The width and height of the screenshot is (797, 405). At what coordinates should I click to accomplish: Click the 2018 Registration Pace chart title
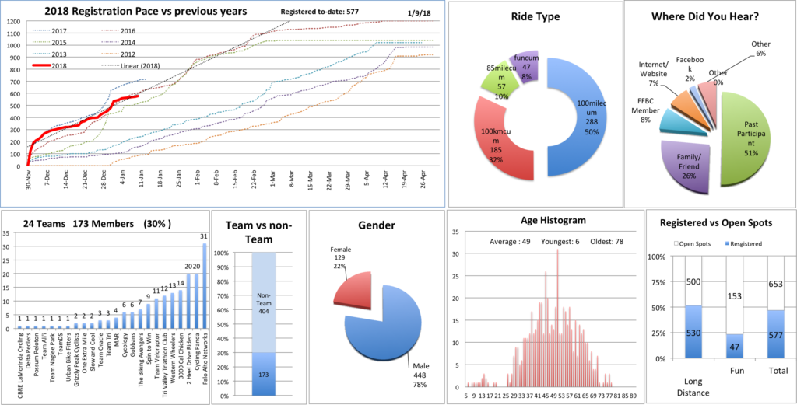pyautogui.click(x=145, y=12)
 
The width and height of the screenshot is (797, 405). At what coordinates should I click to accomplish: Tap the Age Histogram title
pyautogui.click(x=542, y=221)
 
